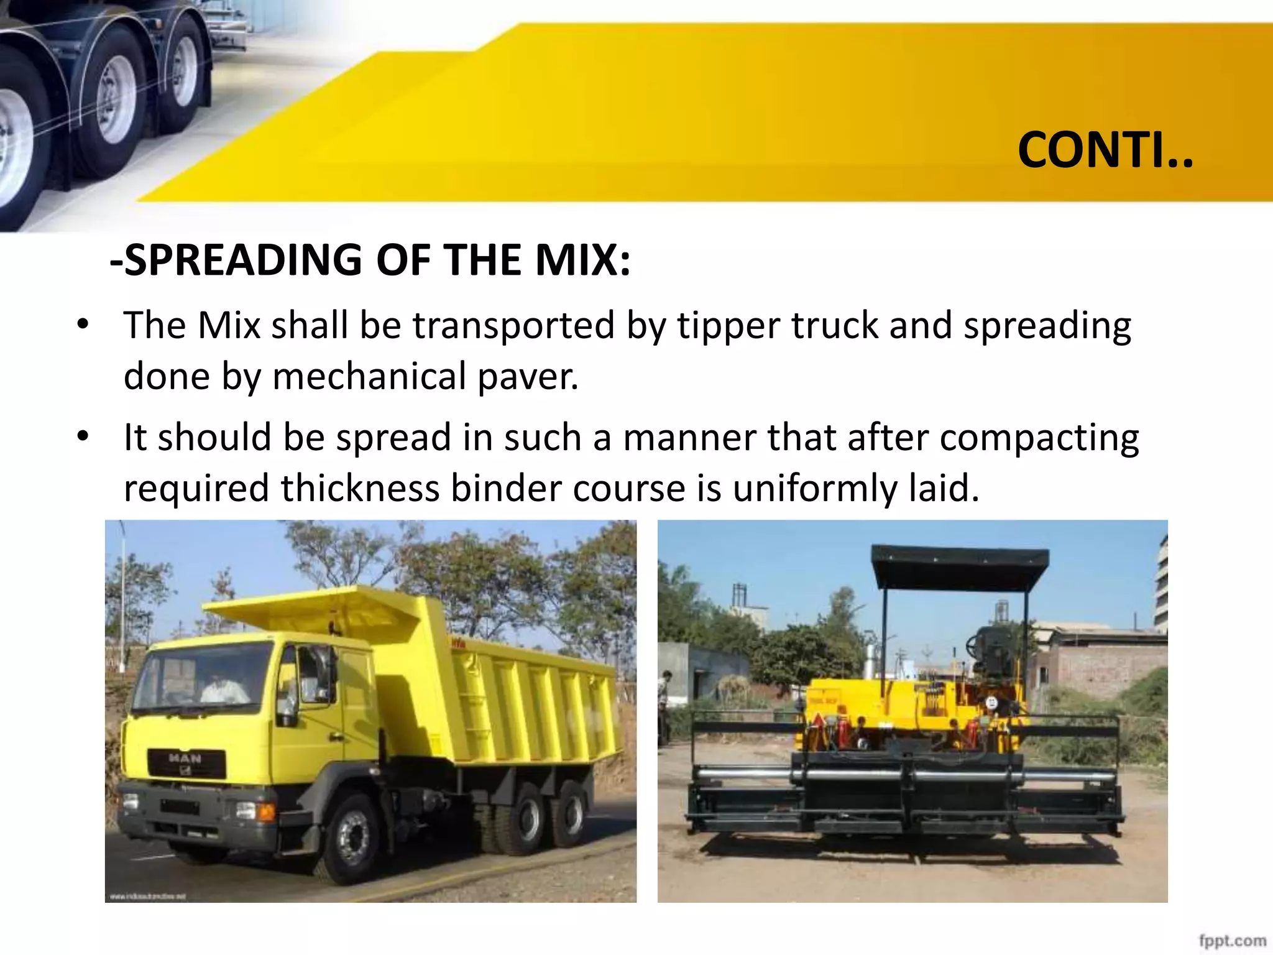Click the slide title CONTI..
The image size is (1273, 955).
(x=1105, y=150)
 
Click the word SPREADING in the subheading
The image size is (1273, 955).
(x=243, y=260)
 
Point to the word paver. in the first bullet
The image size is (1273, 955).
(x=528, y=377)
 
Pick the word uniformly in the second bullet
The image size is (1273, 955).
(x=815, y=489)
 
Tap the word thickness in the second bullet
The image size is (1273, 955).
(x=360, y=487)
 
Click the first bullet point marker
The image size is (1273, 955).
(x=83, y=325)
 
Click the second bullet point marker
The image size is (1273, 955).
(x=83, y=436)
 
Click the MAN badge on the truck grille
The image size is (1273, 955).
(x=185, y=759)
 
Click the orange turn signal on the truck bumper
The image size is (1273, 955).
(x=266, y=811)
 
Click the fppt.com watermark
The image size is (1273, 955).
(x=1232, y=941)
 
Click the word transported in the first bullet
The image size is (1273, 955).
(x=514, y=326)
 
